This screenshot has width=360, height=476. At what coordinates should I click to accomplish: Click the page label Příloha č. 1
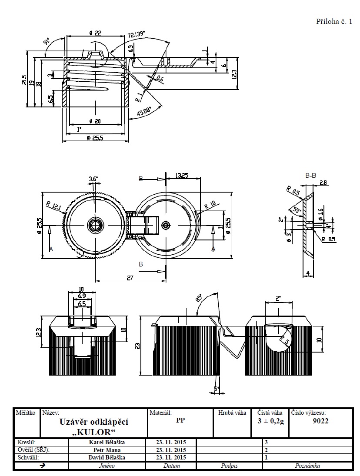click(x=334, y=22)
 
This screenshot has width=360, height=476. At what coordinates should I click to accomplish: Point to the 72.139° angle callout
click(x=137, y=34)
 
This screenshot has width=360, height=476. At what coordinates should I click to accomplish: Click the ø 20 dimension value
click(x=95, y=121)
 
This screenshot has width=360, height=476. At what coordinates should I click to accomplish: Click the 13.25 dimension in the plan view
click(x=182, y=175)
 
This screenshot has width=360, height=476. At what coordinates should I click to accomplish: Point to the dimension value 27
click(x=130, y=278)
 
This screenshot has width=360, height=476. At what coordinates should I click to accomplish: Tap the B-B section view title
click(x=310, y=176)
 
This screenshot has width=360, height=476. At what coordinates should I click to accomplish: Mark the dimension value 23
click(x=137, y=346)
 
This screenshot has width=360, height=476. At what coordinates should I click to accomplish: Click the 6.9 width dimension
click(x=81, y=296)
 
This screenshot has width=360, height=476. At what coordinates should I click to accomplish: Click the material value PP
click(x=180, y=421)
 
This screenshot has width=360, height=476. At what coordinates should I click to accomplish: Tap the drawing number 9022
click(x=320, y=421)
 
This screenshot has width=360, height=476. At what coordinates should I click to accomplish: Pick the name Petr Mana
click(x=107, y=450)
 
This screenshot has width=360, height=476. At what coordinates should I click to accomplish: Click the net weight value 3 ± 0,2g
click(x=270, y=421)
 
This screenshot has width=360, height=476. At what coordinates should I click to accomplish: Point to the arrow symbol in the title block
click(x=42, y=466)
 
